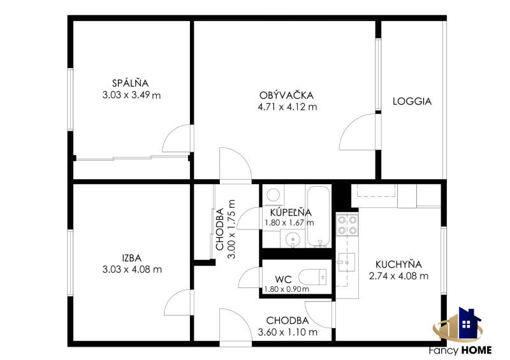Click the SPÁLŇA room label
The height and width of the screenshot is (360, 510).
[x=130, y=83]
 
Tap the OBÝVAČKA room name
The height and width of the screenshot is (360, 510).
[x=287, y=95]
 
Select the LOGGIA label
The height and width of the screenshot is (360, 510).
[x=412, y=101]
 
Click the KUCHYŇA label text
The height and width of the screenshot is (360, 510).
[x=398, y=264]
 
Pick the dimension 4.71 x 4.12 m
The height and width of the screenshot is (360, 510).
[x=287, y=107]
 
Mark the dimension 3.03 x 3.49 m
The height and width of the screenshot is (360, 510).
[x=130, y=95]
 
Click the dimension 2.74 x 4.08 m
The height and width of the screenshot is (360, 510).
[x=398, y=276]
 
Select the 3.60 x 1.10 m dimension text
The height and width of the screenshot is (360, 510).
[x=288, y=332]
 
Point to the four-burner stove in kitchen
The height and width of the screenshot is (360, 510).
[x=347, y=225]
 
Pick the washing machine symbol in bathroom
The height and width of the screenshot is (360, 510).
[x=273, y=195]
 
